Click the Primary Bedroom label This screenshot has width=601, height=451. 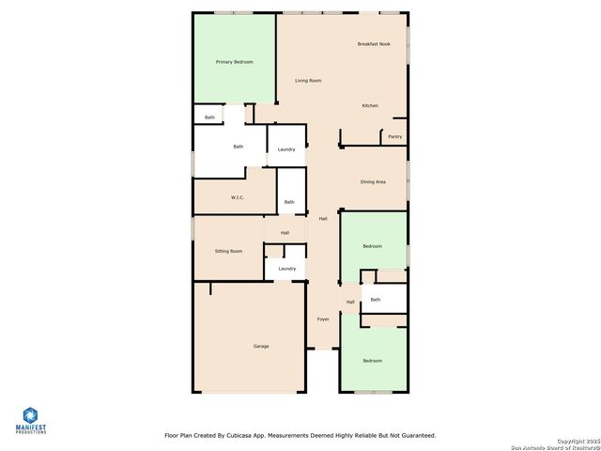pyautogui.click(x=235, y=62)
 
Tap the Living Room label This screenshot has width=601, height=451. pyautogui.click(x=308, y=81)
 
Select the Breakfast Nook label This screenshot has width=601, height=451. pyautogui.click(x=374, y=44)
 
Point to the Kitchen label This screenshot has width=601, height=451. pyautogui.click(x=370, y=105)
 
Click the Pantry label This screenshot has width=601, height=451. pyautogui.click(x=395, y=136)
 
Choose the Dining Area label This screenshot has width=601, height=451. pyautogui.click(x=373, y=181)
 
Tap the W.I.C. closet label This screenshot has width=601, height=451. pyautogui.click(x=238, y=197)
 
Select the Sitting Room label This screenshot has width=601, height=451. pyautogui.click(x=228, y=251)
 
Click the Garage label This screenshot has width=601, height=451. pyautogui.click(x=261, y=346)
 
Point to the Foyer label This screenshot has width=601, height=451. pyautogui.click(x=322, y=319)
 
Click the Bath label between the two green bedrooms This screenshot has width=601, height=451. pyautogui.click(x=376, y=300)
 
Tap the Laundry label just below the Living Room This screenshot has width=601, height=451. pyautogui.click(x=286, y=149)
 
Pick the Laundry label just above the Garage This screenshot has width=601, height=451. pyautogui.click(x=286, y=269)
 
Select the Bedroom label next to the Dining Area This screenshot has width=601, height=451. pyautogui.click(x=373, y=246)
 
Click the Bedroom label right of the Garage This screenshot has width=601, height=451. pyautogui.click(x=373, y=361)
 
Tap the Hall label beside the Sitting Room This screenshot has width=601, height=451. pyautogui.click(x=285, y=233)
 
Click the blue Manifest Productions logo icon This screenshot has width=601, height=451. pyautogui.click(x=30, y=415)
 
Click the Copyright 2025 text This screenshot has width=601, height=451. pyautogui.click(x=577, y=440)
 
